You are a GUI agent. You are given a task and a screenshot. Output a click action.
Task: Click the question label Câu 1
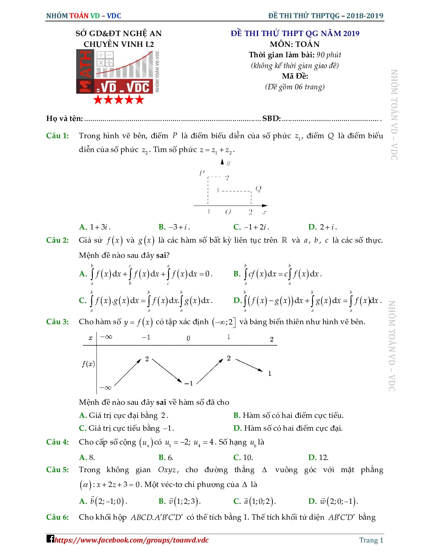(x=57, y=136)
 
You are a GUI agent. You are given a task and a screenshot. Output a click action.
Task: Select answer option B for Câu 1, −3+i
(x=174, y=227)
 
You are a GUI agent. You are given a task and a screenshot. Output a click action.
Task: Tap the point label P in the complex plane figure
(x=202, y=173)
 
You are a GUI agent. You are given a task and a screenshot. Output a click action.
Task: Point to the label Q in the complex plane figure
(x=258, y=189)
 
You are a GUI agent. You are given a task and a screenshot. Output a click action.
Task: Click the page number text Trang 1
(x=371, y=540)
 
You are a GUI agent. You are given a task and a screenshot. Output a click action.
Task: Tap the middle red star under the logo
(x=119, y=100)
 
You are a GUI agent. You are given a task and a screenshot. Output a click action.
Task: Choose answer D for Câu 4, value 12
(x=318, y=457)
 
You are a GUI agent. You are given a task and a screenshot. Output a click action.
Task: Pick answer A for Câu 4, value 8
(x=87, y=457)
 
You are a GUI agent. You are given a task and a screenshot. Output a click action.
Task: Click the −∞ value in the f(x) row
(x=105, y=388)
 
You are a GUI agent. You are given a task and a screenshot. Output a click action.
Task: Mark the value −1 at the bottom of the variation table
(x=189, y=383)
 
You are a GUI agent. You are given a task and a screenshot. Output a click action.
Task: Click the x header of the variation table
(x=90, y=338)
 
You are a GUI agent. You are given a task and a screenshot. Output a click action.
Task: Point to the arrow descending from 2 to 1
(x=249, y=365)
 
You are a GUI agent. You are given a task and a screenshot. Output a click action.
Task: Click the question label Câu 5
(x=57, y=470)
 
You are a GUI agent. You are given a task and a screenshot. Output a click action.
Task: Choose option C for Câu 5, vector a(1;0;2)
(x=255, y=501)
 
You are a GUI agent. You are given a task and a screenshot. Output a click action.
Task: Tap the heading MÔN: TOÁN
(x=294, y=44)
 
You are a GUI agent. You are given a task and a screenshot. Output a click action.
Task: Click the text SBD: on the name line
(x=271, y=119)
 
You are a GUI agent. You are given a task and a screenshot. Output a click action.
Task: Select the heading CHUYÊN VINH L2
(x=119, y=44)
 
